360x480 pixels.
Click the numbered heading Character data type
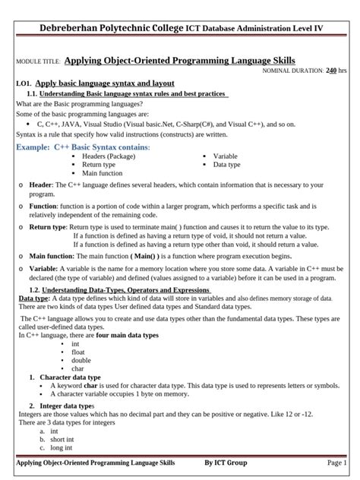[x=70, y=377]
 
